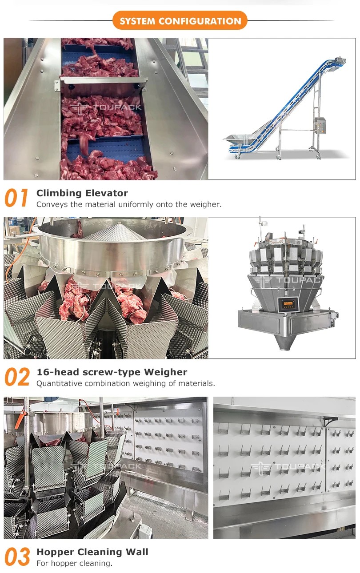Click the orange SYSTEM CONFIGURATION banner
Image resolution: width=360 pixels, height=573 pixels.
point(180,21)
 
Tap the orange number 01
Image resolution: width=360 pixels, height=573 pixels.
point(17,198)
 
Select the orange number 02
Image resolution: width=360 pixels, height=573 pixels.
point(17,377)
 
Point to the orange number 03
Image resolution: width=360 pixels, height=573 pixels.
point(17,557)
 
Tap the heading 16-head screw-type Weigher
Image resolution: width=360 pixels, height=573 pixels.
point(112,372)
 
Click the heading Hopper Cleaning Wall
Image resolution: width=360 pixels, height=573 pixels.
point(92,552)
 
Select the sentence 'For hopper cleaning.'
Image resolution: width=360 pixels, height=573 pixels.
point(74,563)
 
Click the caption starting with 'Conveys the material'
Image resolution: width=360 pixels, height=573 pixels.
point(128,204)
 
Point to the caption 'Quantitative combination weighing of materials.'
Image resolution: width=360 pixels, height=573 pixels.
point(125,383)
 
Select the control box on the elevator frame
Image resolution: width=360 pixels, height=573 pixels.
point(319,125)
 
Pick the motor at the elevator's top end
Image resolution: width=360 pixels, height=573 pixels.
point(341,60)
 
